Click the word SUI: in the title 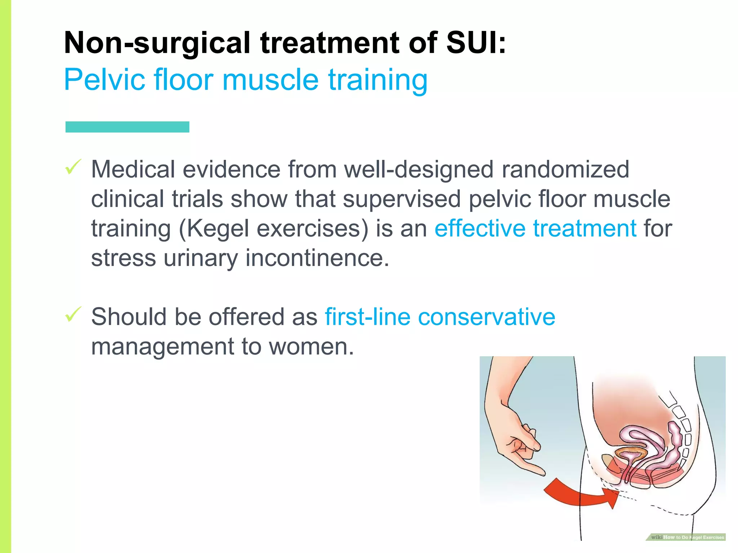pos(476,42)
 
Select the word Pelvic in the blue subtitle pos(104,80)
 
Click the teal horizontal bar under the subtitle pos(127,127)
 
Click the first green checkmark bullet pos(73,167)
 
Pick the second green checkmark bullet pos(73,315)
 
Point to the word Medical pos(133,169)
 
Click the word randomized pos(565,169)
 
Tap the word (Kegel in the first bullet pos(214,229)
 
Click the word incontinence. pos(317,258)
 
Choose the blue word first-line pos(367,317)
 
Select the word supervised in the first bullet pos(401,199)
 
